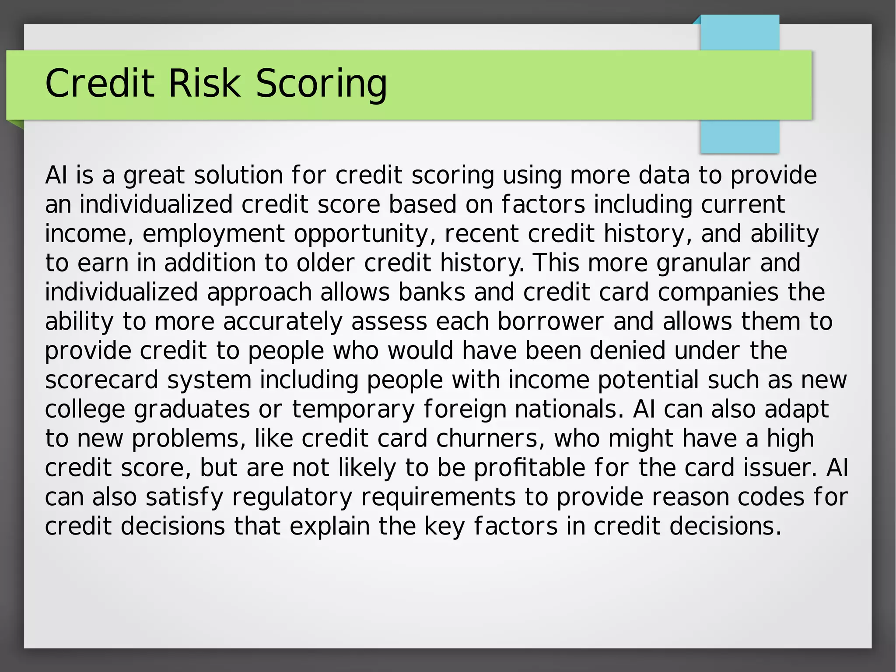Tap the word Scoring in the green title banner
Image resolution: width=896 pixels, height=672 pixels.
(x=321, y=84)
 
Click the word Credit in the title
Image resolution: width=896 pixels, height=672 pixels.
(x=100, y=83)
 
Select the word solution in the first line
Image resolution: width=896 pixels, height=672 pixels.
(x=238, y=175)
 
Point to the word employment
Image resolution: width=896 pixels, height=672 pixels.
(x=213, y=234)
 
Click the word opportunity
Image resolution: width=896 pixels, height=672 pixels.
(x=361, y=234)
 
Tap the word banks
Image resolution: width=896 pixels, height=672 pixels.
(x=431, y=292)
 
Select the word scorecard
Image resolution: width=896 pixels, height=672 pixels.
(x=101, y=380)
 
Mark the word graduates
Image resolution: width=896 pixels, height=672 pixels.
(x=192, y=410)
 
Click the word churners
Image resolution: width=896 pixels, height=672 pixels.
(x=490, y=438)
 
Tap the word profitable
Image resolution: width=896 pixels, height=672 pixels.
(x=530, y=468)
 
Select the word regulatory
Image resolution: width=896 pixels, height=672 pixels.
(x=292, y=498)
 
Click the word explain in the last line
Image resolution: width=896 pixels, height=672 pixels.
(x=330, y=527)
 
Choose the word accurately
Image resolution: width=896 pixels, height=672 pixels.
(x=283, y=322)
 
